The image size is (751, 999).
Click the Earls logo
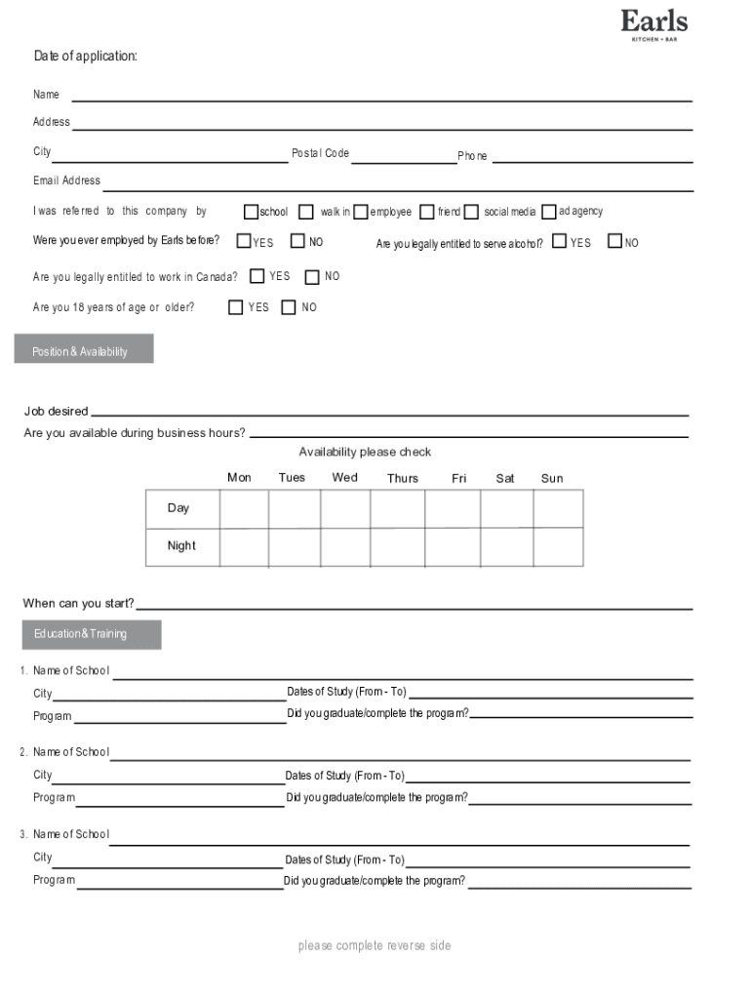click(653, 25)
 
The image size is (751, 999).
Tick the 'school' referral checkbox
click(251, 212)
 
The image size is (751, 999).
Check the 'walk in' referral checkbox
click(306, 212)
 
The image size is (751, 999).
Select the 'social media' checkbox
click(472, 212)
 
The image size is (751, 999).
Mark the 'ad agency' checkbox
click(549, 212)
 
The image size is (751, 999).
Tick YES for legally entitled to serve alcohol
click(560, 241)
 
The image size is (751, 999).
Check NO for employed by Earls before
click(298, 241)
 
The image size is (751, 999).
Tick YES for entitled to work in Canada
click(257, 277)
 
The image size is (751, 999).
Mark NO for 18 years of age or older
click(289, 307)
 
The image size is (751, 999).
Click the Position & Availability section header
click(84, 350)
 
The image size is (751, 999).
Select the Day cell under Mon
click(244, 508)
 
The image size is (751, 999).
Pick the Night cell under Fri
click(453, 546)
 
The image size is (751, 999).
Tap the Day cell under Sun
click(558, 508)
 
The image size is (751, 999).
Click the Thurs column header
click(402, 478)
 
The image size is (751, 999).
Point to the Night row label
click(181, 546)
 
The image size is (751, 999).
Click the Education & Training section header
click(92, 634)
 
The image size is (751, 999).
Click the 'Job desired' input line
click(390, 414)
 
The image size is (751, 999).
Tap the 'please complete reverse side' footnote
click(375, 945)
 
